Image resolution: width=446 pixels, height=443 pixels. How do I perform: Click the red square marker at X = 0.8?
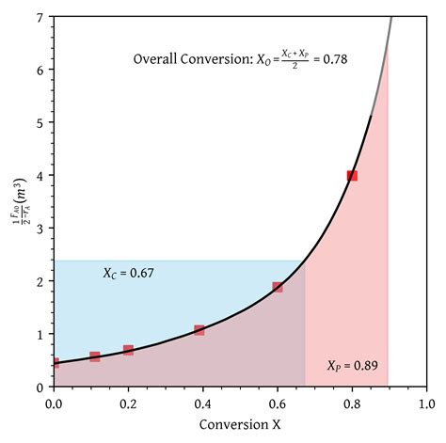click(352, 176)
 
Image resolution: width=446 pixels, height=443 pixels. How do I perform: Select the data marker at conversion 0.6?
click(278, 287)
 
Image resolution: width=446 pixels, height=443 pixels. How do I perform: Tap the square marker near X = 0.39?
click(199, 330)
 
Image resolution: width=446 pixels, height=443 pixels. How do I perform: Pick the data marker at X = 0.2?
click(128, 350)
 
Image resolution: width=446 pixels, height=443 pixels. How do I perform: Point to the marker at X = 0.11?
click(95, 356)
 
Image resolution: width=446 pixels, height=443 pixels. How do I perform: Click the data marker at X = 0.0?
click(55, 363)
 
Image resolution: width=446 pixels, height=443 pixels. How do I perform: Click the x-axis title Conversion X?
click(240, 425)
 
